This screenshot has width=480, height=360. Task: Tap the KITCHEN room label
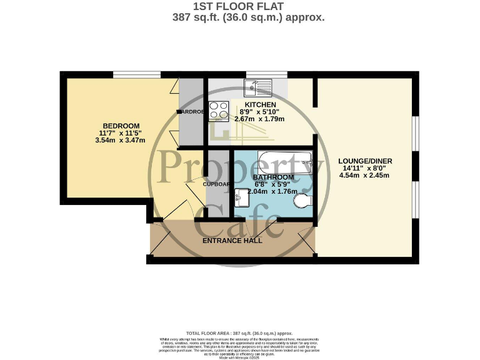[261, 104]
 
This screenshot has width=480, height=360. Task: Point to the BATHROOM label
[272, 177]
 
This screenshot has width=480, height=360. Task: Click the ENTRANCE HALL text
[232, 240]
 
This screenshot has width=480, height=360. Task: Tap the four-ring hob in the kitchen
[219, 111]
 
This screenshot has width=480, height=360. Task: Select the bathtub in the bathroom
[285, 161]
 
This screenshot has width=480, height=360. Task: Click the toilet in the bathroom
[302, 201]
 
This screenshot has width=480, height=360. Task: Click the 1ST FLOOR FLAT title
[239, 7]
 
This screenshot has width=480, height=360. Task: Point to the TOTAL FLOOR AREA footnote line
[239, 333]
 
